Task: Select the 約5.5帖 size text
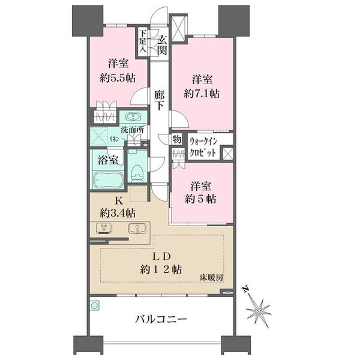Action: [x=118, y=78]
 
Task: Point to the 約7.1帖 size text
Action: [x=202, y=94]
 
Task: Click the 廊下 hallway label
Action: [x=159, y=100]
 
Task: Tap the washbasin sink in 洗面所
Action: [x=133, y=117]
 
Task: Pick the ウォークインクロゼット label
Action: [x=203, y=147]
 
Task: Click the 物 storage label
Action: [x=177, y=139]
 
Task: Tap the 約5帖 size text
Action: [x=200, y=199]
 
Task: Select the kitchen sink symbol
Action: [x=137, y=228]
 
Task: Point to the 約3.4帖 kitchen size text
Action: [x=118, y=213]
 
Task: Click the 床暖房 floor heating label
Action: [x=211, y=278]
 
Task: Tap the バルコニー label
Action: [x=161, y=319]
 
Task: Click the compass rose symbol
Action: [x=259, y=311]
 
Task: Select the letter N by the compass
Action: [x=246, y=289]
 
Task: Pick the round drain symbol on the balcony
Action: [x=94, y=305]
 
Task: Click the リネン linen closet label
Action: [x=114, y=139]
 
